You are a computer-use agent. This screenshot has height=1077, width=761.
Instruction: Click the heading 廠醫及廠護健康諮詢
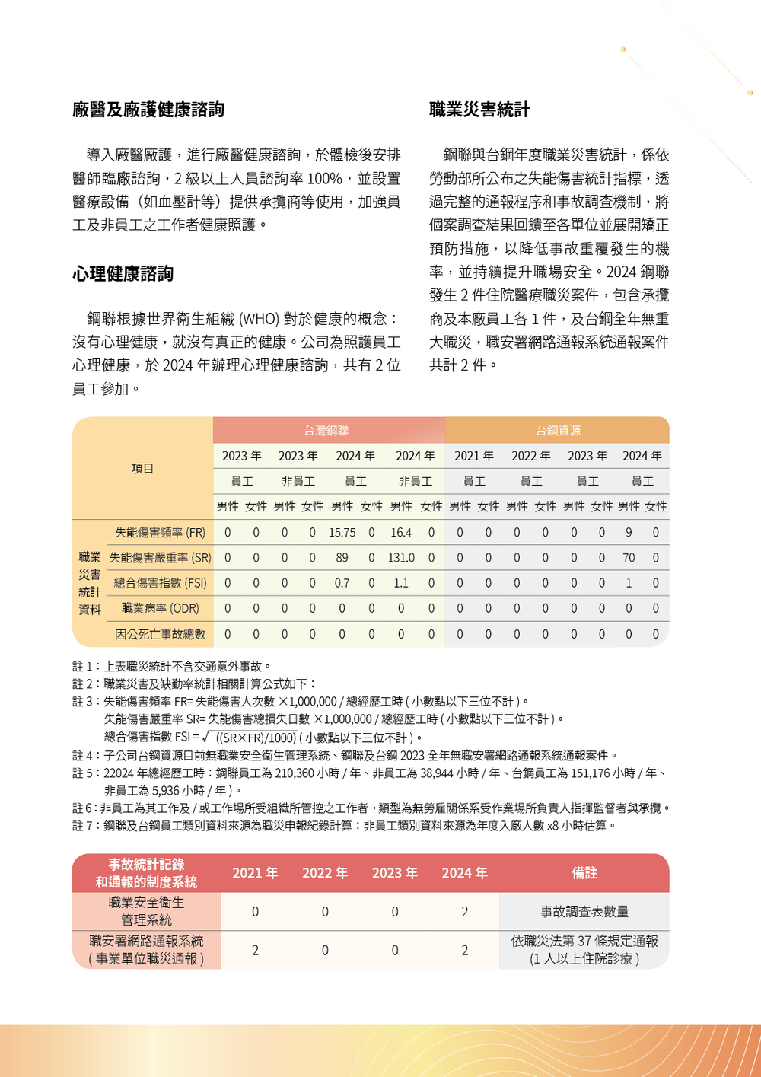pos(148,110)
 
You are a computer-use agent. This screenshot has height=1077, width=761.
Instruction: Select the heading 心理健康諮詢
pos(123,274)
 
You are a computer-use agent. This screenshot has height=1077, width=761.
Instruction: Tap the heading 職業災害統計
pos(479,110)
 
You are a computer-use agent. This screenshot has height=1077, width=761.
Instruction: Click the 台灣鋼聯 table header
pos(326,431)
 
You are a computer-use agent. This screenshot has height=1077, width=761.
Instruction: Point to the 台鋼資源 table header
pos(558,431)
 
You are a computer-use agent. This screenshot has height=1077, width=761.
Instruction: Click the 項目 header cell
pos(142,469)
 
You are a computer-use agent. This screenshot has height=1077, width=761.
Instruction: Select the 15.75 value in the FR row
pos(342,533)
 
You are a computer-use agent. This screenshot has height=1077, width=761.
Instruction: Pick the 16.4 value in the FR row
pos(401,533)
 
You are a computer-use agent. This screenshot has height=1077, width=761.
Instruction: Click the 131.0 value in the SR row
pos(401,558)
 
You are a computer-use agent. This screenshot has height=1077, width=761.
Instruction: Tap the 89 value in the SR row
pos(342,558)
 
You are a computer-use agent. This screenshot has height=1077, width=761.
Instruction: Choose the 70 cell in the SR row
pos(629,558)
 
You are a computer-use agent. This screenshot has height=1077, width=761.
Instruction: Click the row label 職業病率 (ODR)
pos(161,609)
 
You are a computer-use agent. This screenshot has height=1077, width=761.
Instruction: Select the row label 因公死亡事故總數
pos(161,634)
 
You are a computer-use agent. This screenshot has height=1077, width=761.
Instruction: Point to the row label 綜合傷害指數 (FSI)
pos(161,583)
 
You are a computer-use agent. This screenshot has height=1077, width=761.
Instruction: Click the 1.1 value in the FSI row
pos(401,583)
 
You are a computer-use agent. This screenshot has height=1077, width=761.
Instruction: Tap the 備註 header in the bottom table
pos(584,873)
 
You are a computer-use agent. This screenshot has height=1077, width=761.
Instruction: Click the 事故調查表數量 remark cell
pos(584,912)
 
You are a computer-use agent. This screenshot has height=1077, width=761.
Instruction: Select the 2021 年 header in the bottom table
pos(255,873)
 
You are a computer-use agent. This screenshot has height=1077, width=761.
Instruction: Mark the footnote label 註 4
pos(85,755)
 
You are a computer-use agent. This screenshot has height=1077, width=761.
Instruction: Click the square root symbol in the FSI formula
pos(207,737)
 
